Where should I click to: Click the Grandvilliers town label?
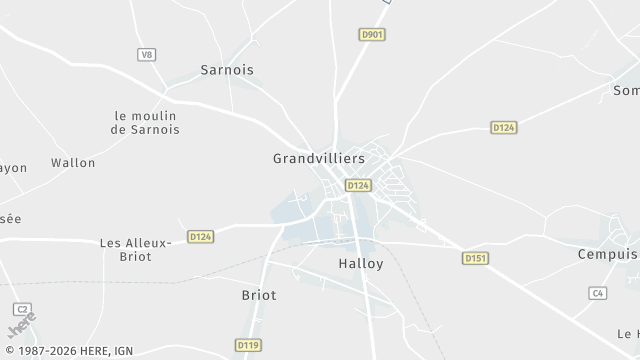tap(319, 158)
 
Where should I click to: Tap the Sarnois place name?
tap(227, 70)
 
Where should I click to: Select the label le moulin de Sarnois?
tap(146, 122)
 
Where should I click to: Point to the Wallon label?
tap(73, 162)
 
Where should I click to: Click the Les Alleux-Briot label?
tap(137, 249)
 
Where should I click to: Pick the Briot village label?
tap(259, 295)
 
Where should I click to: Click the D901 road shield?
tap(372, 35)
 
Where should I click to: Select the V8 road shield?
tap(148, 54)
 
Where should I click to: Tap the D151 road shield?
tap(475, 258)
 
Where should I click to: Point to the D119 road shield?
tap(248, 345)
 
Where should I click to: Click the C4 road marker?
tap(598, 293)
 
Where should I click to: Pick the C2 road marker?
tap(22, 309)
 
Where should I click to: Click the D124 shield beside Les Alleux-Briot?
tap(200, 237)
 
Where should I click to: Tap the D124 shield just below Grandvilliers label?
tap(358, 185)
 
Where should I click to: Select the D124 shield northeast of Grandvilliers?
tap(503, 127)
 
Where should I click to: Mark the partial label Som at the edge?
tap(626, 90)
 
